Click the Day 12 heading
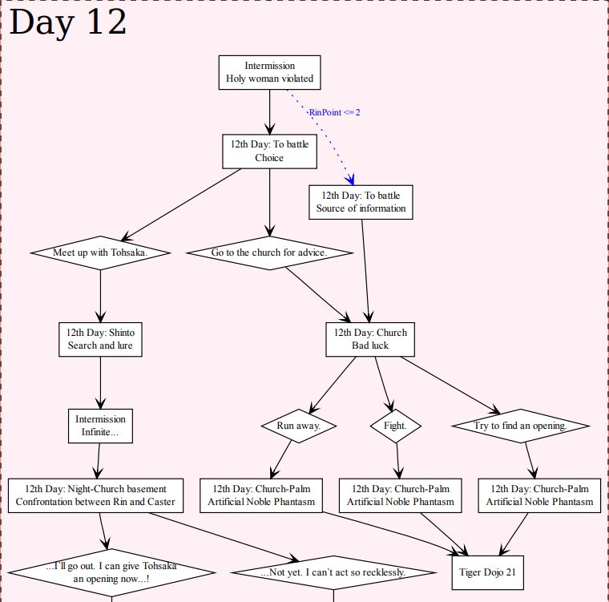point(68,22)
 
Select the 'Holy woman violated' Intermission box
point(269,72)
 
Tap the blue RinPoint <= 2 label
point(334,112)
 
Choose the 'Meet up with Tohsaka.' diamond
point(100,253)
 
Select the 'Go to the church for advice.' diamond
point(269,253)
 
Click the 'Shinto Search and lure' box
point(100,339)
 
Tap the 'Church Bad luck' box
point(370,339)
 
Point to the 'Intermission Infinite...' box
point(101,426)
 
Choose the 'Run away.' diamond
point(298,426)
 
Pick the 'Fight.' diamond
point(395,426)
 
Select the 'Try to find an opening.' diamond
point(520,426)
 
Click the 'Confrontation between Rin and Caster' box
point(95,495)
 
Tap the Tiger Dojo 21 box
point(487,572)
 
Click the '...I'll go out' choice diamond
point(111,572)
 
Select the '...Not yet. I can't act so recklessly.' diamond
point(333,572)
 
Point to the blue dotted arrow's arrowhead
point(350,180)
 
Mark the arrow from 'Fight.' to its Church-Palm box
point(397,462)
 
